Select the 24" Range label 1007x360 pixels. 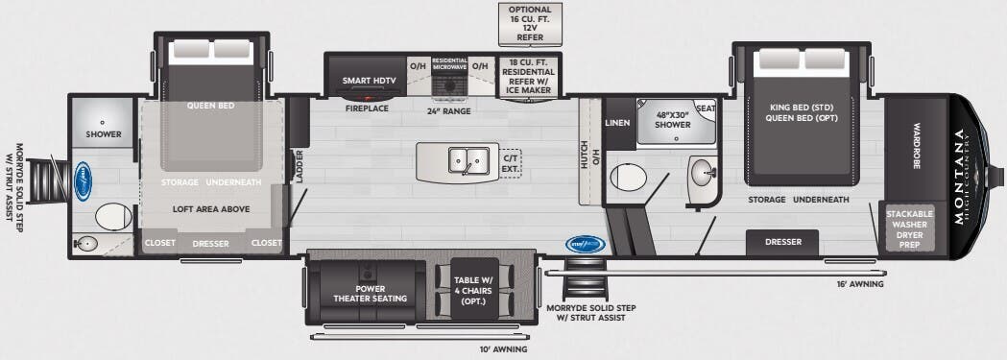tap(448, 109)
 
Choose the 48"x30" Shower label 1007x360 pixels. tap(673, 120)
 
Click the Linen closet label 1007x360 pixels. tap(617, 123)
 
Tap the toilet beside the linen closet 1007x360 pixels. tap(629, 177)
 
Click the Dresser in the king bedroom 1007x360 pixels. tap(782, 242)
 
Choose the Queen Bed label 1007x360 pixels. tap(212, 107)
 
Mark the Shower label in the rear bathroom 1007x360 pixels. tap(103, 134)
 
